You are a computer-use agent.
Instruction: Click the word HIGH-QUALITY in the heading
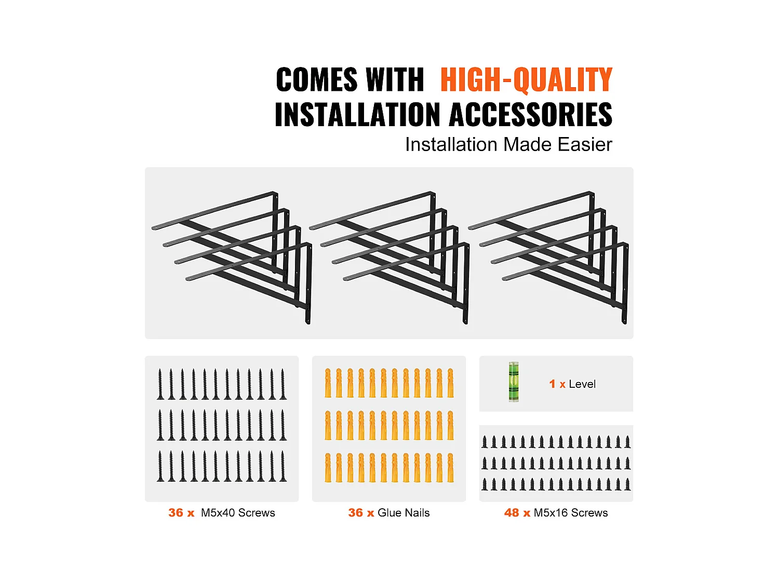tap(526, 80)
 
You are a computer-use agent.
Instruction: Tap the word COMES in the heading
tap(317, 79)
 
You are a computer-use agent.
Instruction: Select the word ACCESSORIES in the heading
tap(531, 114)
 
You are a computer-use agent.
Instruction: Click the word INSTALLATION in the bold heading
tap(357, 114)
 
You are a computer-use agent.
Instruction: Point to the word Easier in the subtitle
tap(585, 144)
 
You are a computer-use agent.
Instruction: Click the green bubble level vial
tap(513, 382)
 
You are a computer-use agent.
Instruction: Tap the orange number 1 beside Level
tap(552, 384)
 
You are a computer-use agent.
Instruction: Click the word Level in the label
tap(582, 384)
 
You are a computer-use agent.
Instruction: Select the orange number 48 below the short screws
tap(512, 513)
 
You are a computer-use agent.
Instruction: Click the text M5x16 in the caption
tap(551, 513)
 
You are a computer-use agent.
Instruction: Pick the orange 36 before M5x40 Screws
tap(176, 513)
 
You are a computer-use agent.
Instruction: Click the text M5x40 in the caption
tap(218, 513)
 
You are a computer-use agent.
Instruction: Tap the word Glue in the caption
tap(388, 513)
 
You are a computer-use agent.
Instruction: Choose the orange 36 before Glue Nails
tap(355, 513)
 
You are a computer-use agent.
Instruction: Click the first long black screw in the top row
tap(160, 384)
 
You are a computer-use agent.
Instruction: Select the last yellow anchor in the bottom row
tap(450, 468)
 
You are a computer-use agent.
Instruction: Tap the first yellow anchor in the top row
tap(328, 383)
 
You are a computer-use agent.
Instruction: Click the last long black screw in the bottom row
tap(283, 466)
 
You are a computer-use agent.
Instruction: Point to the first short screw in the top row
tap(485, 442)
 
